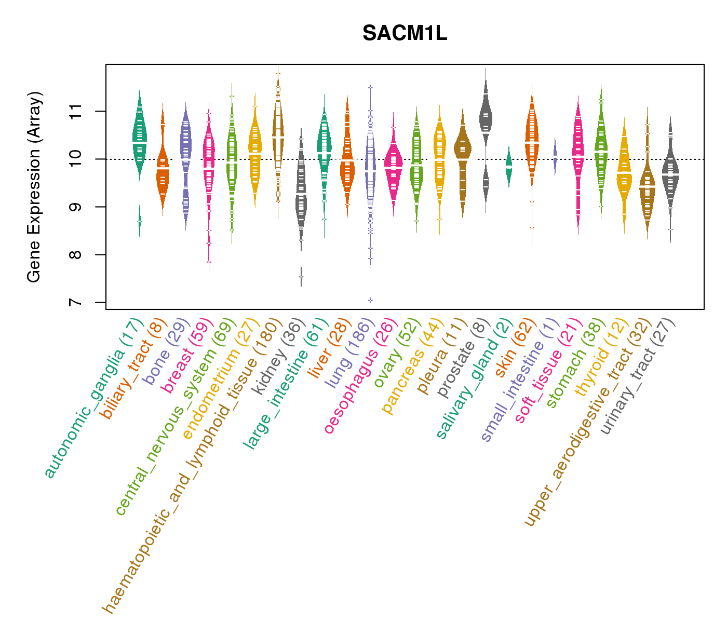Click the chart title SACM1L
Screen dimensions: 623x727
pos(405,34)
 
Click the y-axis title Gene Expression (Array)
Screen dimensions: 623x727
pos(34,187)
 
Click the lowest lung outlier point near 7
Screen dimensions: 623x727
pos(370,300)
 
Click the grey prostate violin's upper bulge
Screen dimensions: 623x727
pos(486,117)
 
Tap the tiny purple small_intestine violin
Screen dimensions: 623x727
pos(555,156)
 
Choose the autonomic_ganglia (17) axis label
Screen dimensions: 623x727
pos(93,400)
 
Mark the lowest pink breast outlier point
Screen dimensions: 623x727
pos(209,262)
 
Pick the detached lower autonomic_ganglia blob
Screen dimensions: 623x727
pos(139,222)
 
